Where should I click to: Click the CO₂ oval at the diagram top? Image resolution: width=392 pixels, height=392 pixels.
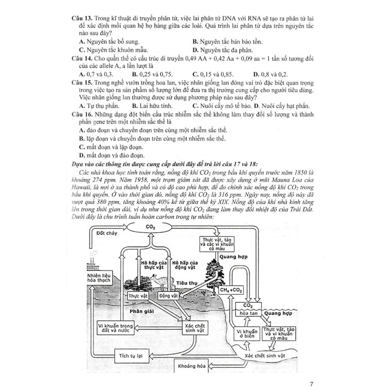point(150,227)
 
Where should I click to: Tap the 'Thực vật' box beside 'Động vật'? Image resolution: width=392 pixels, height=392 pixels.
point(138,296)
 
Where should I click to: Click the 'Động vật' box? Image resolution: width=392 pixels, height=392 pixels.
point(169,296)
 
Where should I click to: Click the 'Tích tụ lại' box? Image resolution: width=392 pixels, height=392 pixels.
point(129,356)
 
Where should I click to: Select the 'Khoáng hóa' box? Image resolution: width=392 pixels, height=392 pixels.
point(192,366)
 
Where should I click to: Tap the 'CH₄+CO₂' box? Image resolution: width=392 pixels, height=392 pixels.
point(231,291)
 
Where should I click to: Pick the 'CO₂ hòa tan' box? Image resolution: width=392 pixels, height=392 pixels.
point(248,310)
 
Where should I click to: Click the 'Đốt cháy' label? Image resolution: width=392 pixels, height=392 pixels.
point(107,232)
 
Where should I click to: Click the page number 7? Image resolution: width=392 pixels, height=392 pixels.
point(312,383)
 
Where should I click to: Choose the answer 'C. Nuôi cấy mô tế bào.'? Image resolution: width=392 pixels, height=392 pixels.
point(222,106)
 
